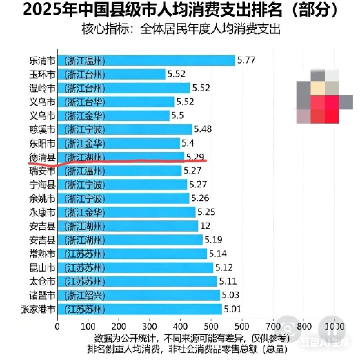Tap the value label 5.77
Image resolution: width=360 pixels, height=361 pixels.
point(246,60)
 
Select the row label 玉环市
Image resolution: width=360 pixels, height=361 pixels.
point(42,74)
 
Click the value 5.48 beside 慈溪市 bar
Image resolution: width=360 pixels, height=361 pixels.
point(203,129)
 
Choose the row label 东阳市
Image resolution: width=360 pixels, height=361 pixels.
point(42,143)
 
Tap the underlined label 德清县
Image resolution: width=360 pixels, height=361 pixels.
point(42,157)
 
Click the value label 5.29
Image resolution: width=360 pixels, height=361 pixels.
point(195,157)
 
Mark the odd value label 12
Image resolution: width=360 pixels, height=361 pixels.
point(205,226)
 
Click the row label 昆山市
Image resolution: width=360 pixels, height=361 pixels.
point(42,267)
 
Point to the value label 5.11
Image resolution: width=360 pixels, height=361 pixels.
point(228,281)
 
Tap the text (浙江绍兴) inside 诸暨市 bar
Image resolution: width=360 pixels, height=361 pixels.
point(85,295)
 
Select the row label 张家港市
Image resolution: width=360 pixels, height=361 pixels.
point(38,309)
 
